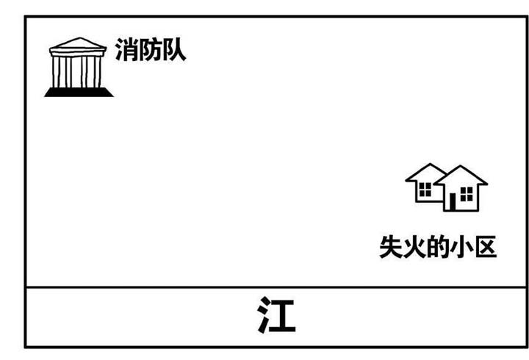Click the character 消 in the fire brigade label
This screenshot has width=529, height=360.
pos(125,51)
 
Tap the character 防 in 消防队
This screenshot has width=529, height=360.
pos(149,51)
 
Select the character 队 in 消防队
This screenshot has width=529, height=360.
pos(173,51)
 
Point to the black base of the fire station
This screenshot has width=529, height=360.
pos(79,92)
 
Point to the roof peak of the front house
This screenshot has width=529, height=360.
pos(461,168)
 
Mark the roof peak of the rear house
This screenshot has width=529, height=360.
pos(428,166)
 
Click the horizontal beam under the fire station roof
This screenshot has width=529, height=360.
pos(77,54)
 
